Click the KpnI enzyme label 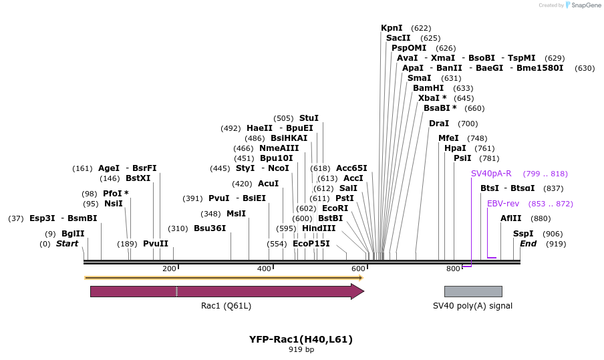(x=392, y=28)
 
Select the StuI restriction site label (x=309, y=118)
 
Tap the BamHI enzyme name (x=428, y=88)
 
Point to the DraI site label (x=439, y=124)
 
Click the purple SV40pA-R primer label (x=491, y=174)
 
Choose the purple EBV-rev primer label (x=503, y=204)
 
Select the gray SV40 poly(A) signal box (x=473, y=291)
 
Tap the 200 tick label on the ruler (x=169, y=268)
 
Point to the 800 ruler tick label (x=453, y=268)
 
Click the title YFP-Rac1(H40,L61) (x=301, y=339)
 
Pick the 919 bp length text (x=301, y=349)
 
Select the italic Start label (x=67, y=244)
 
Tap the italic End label (x=528, y=244)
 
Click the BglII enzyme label (x=73, y=234)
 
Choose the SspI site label (x=523, y=234)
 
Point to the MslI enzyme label (x=236, y=214)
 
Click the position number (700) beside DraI (x=468, y=124)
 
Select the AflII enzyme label (x=511, y=218)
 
